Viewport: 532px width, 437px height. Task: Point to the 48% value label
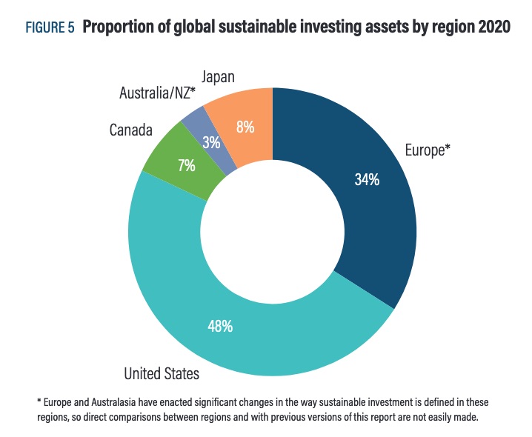coord(220,325)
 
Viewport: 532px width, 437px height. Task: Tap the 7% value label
coord(186,165)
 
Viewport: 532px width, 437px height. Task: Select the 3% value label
coord(211,142)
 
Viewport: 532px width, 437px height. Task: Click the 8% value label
coord(245,127)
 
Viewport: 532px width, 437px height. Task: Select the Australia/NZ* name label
coord(157,93)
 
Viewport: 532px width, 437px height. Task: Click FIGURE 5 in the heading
coord(50,28)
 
